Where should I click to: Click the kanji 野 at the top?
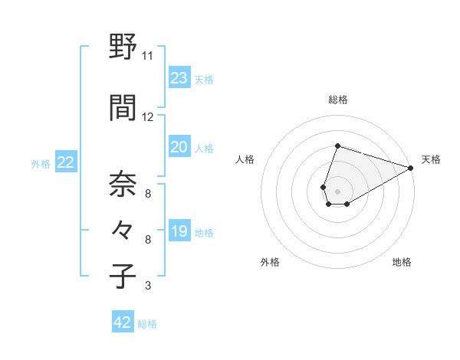tap(123, 47)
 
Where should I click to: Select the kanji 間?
tap(123, 109)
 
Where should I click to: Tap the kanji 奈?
tap(123, 185)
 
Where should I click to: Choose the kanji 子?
tap(123, 277)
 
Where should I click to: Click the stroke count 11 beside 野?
tap(147, 56)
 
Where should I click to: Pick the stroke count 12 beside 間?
tap(147, 117)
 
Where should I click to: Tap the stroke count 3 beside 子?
tap(147, 286)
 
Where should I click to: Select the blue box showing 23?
tap(179, 78)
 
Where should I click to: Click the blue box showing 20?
tap(179, 147)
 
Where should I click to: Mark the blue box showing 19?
tap(179, 231)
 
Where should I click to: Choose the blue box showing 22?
tap(65, 162)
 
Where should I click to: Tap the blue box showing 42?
tap(123, 322)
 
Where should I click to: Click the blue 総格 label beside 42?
tap(147, 324)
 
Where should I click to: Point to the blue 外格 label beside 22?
tap(41, 163)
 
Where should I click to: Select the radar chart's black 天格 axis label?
tap(431, 159)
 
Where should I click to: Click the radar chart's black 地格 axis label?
tap(402, 262)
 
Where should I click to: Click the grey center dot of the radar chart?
tap(337, 190)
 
